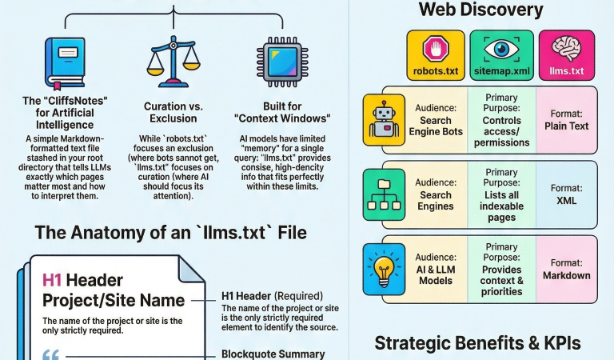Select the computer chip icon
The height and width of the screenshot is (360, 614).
pos(273,60)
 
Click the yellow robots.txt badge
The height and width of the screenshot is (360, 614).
pos(435,56)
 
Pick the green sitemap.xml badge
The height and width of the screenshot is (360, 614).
pos(501,56)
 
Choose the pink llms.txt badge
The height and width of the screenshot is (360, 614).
pos(567,56)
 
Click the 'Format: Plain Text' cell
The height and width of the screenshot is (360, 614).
pos(566,120)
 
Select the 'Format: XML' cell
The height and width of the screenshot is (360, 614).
pos(566,194)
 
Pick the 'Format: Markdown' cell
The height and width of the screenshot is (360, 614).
pos(566,269)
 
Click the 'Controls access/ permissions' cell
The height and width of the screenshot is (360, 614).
pos(501,120)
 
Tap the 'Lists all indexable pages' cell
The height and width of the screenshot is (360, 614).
pos(501,194)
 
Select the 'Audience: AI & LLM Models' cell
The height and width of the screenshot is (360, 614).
pos(436,269)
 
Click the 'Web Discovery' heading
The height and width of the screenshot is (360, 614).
pos(480,10)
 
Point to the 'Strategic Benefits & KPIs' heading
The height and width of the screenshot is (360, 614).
pos(478,343)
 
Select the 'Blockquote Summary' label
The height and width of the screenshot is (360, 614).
pos(273,354)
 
